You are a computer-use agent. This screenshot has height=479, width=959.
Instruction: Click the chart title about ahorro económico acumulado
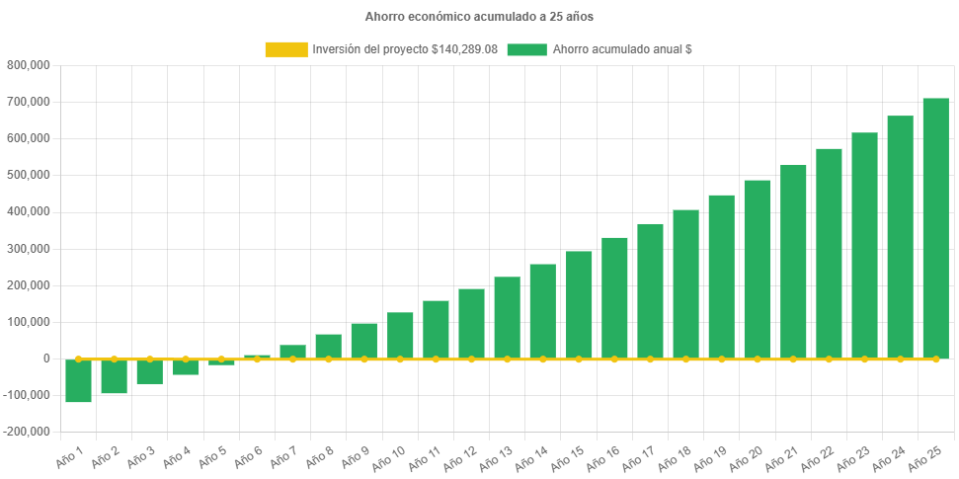tap(479, 17)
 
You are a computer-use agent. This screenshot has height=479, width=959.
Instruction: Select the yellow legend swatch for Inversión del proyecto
tap(285, 49)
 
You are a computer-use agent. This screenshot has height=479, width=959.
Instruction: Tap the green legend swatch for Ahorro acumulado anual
tap(526, 49)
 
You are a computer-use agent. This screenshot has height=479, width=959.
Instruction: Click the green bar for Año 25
tap(935, 227)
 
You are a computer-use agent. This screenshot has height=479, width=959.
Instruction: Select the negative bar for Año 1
tap(78, 381)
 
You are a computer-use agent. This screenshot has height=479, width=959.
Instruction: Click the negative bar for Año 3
tap(149, 372)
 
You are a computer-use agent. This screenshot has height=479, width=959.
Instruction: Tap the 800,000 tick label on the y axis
tap(29, 65)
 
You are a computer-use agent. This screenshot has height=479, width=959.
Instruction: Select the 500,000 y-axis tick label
tap(29, 175)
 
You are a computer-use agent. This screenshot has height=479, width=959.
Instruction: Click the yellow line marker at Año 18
tap(685, 359)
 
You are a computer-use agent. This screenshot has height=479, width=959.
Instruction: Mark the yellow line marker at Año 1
tap(78, 359)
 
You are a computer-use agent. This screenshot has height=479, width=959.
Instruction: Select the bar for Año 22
tap(829, 253)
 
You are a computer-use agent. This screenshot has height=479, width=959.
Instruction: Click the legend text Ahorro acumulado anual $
tap(621, 49)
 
